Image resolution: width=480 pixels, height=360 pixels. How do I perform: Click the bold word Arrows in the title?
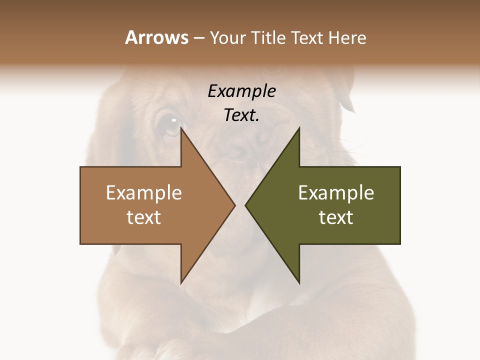pyautogui.click(x=156, y=37)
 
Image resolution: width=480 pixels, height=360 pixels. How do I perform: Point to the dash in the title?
pyautogui.click(x=198, y=38)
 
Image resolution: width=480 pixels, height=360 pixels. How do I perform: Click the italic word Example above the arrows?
pyautogui.click(x=241, y=91)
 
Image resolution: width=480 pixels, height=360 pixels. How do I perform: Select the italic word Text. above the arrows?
pyautogui.click(x=241, y=115)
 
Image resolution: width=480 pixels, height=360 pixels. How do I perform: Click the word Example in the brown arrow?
pyautogui.click(x=144, y=193)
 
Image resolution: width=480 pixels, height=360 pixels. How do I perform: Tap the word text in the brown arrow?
pyautogui.click(x=144, y=217)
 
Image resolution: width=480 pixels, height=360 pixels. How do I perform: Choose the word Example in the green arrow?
pyautogui.click(x=336, y=193)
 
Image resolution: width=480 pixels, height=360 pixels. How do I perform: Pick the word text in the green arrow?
pyautogui.click(x=336, y=217)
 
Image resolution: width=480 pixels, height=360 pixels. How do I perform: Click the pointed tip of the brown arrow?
pyautogui.click(x=234, y=205)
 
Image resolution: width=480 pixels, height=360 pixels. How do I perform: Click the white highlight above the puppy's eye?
pyautogui.click(x=173, y=120)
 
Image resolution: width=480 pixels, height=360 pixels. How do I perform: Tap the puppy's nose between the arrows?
pyautogui.click(x=240, y=150)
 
